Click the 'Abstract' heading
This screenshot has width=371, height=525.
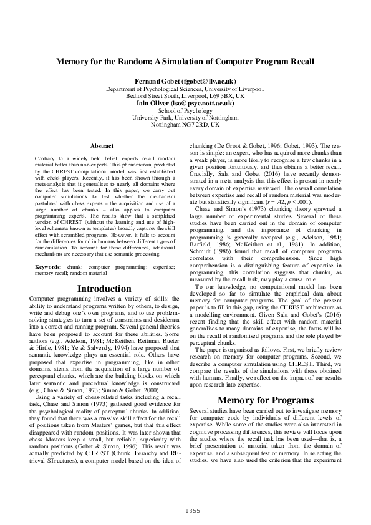(x=102, y=145)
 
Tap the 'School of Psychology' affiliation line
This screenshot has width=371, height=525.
(x=185, y=110)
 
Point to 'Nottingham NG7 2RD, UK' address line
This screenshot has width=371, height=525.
(x=185, y=124)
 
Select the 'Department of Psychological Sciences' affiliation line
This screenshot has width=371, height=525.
(x=185, y=89)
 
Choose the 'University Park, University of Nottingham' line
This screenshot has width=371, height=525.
(x=185, y=117)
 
